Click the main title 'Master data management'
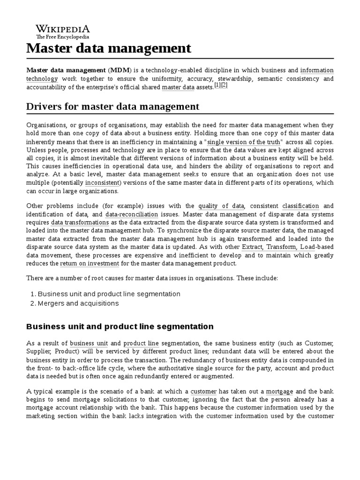(x=109, y=48)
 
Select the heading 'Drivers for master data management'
(x=112, y=106)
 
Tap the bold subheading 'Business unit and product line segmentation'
(x=120, y=326)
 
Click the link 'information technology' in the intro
(x=317, y=70)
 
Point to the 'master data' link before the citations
(x=178, y=87)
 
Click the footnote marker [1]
(x=217, y=85)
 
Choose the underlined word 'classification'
(x=300, y=206)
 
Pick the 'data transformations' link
(x=80, y=222)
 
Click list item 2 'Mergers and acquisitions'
(x=78, y=303)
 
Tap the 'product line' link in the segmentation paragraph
(x=141, y=343)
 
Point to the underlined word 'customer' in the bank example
(x=203, y=391)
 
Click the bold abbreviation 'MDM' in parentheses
(x=120, y=70)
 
